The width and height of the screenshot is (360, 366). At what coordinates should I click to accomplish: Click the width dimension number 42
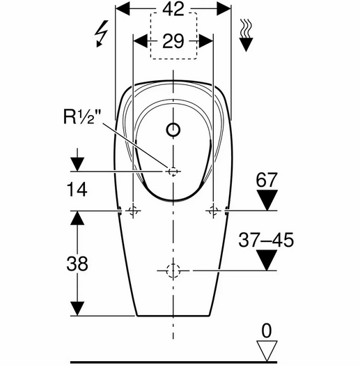pos(173,9)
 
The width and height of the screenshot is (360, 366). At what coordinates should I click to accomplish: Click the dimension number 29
pos(173,41)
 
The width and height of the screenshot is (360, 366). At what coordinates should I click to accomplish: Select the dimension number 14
pos(77,190)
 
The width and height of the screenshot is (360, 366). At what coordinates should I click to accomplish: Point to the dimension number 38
pos(77,264)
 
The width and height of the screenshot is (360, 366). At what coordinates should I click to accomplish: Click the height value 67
pos(267,180)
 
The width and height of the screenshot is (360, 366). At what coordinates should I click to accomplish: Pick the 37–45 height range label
pos(266,240)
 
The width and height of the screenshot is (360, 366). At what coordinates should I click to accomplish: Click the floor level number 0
pos(267,330)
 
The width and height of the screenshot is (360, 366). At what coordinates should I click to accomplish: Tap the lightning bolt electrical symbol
pos(102,33)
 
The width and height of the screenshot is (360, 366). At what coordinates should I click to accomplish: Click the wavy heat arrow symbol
pos(246,35)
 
